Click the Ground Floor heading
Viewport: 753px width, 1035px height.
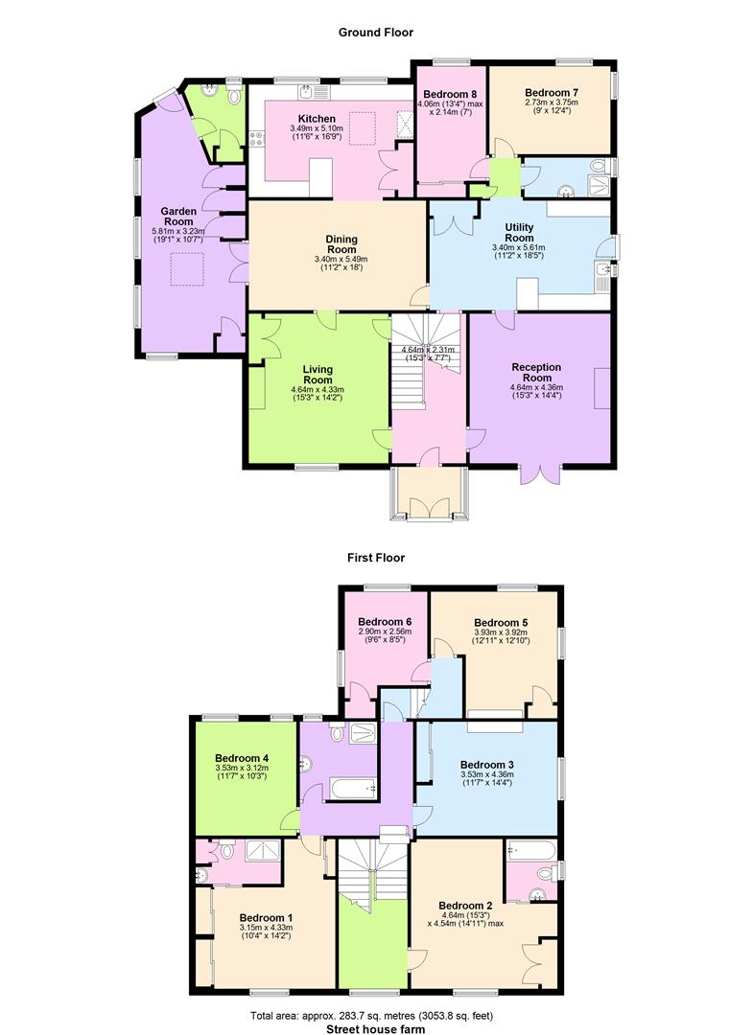tap(376, 33)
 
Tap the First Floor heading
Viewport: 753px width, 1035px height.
tap(376, 558)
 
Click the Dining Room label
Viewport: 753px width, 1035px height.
tap(341, 244)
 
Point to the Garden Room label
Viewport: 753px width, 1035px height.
tap(178, 217)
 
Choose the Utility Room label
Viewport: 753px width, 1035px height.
tap(519, 232)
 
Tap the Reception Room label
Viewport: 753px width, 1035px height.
tap(536, 372)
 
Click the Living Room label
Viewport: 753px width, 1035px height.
tap(318, 375)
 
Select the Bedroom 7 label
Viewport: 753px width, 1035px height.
tap(552, 93)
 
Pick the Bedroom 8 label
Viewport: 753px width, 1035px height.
tap(450, 94)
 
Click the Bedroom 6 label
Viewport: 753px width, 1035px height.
tap(385, 622)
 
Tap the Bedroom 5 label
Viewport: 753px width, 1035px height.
tap(501, 623)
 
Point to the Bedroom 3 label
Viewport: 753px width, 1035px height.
tap(486, 765)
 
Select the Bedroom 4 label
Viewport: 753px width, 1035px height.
tap(242, 758)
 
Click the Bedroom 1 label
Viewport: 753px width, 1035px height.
tap(266, 918)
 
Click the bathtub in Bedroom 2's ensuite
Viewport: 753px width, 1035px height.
tap(532, 849)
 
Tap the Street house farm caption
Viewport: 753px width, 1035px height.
tap(376, 1029)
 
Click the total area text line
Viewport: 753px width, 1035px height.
tap(372, 1016)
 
